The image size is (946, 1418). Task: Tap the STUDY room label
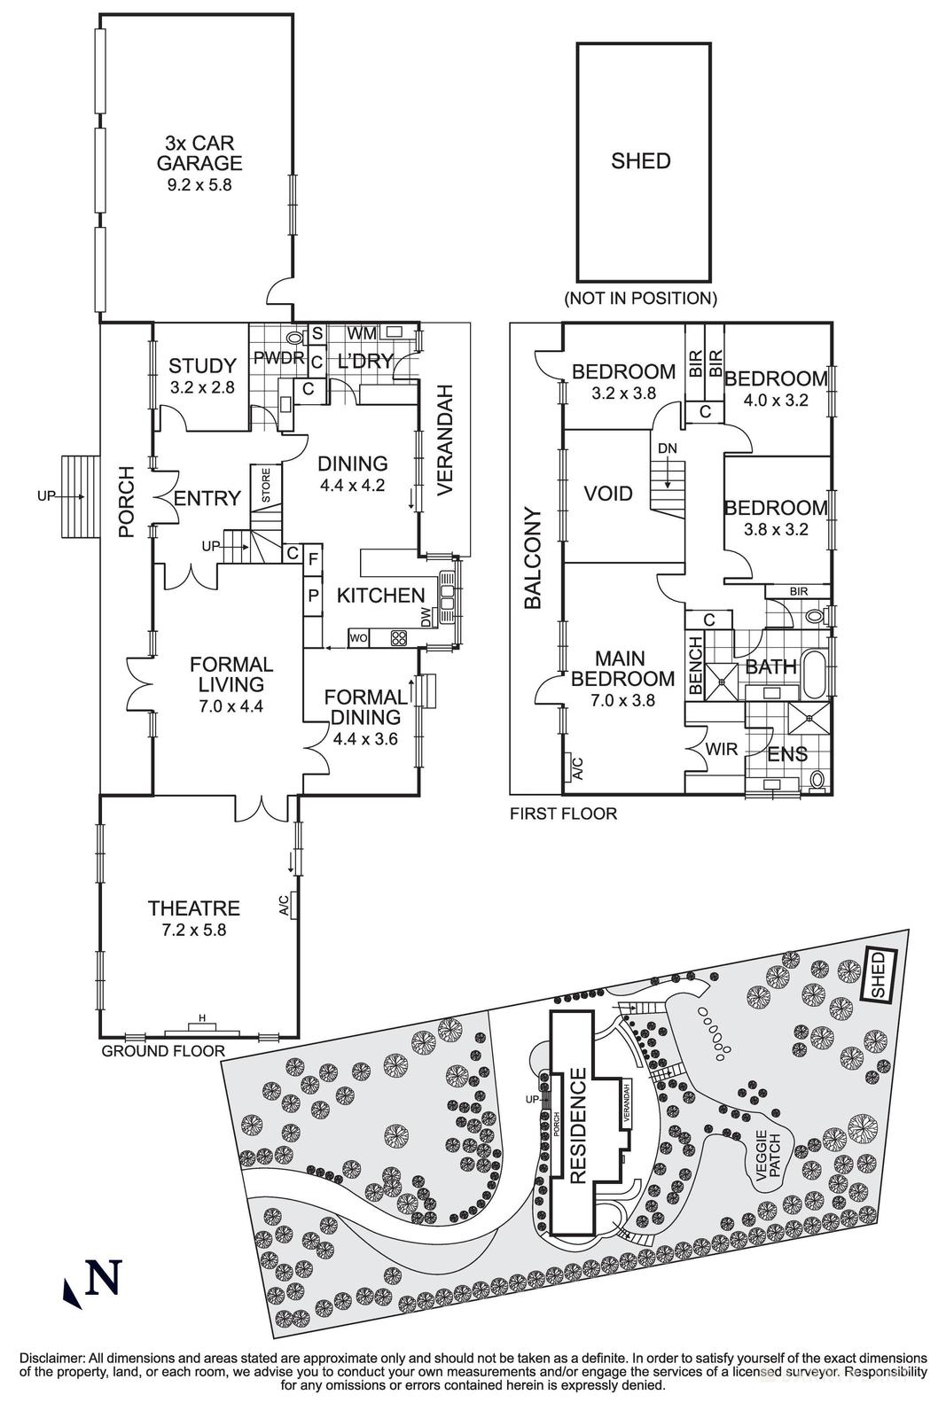[x=202, y=365]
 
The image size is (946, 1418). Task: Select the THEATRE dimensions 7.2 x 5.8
[x=193, y=931]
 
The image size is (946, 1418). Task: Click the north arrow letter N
[x=104, y=1277]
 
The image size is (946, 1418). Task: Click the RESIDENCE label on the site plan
[x=578, y=1126]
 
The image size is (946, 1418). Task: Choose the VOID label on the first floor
[x=608, y=494]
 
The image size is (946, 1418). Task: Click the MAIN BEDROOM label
[x=621, y=668]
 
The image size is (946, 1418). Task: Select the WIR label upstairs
[x=722, y=750]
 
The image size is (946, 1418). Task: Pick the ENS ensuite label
[x=786, y=754]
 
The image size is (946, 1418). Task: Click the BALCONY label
[x=532, y=557]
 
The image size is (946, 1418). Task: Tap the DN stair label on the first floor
[x=667, y=449]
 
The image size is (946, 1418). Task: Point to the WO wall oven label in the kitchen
[x=359, y=637]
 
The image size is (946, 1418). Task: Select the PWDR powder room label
[x=279, y=359]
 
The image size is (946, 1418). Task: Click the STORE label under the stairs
[x=265, y=486]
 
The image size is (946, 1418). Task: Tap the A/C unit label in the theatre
[x=284, y=905]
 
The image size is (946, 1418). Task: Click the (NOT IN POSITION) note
[x=641, y=298]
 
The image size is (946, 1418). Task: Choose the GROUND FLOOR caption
[x=163, y=1051]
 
